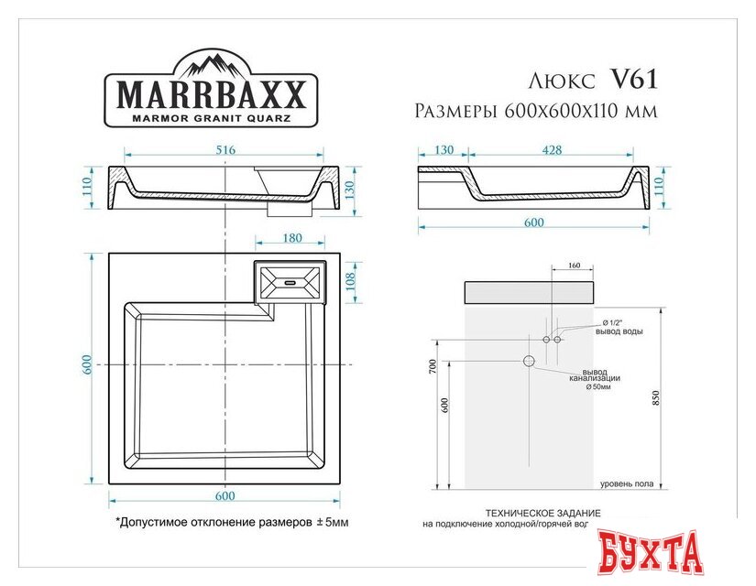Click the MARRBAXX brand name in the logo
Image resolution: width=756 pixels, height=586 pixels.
coord(215,95)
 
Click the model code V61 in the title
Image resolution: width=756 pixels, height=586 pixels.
coord(633,80)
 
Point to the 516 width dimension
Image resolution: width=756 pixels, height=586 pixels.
coord(225,149)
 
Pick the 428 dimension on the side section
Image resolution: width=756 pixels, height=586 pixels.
coord(552,149)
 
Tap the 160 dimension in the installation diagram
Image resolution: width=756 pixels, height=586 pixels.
coord(574,266)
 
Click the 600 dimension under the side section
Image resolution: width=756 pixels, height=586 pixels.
coord(533,222)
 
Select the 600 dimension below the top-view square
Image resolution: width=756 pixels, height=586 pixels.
coord(225,496)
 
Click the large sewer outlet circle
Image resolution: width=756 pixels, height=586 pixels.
coord(529,361)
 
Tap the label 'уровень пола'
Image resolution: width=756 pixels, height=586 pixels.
coord(627,483)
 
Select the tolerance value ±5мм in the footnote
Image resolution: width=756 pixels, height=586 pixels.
coord(331,523)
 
